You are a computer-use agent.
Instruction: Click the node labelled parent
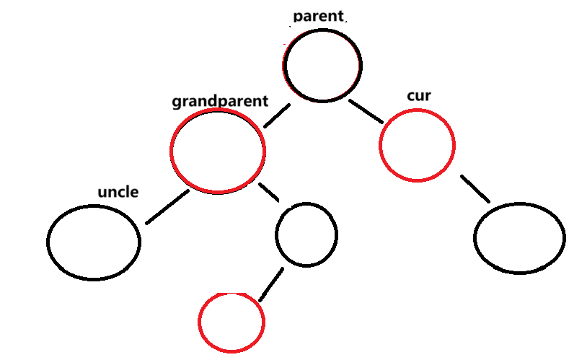[322, 65]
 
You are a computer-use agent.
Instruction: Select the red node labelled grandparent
[218, 152]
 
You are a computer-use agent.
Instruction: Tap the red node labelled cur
[417, 144]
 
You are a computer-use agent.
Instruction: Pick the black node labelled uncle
[94, 241]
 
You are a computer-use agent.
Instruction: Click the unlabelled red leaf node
[231, 322]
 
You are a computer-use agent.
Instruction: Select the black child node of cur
[519, 237]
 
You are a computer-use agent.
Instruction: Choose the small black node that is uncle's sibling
[306, 234]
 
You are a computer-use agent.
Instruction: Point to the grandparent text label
[220, 101]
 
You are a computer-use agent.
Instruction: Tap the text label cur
[419, 95]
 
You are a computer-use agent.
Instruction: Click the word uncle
[118, 193]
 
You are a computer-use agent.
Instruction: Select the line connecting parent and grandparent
[277, 115]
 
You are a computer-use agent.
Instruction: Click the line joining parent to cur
[367, 112]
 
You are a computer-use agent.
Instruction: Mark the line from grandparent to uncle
[167, 207]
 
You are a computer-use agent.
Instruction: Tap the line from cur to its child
[475, 188]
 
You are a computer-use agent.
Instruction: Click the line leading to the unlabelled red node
[271, 284]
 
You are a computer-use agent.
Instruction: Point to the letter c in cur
[411, 96]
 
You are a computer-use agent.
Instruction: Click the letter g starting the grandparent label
[176, 102]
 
